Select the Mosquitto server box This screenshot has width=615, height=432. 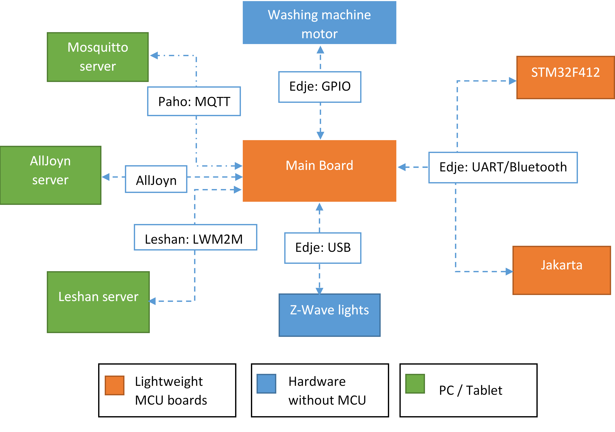[x=98, y=57]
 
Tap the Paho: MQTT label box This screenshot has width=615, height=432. [x=194, y=101]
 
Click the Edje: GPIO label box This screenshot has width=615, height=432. [x=320, y=87]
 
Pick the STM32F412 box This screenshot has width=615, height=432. [x=565, y=77]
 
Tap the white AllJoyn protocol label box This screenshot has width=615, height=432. [x=156, y=179]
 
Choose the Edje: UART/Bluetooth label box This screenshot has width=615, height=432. [x=503, y=168]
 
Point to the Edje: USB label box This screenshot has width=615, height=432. [x=323, y=248]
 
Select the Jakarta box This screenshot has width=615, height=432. [x=561, y=270]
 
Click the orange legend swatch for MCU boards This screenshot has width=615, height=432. [x=115, y=385]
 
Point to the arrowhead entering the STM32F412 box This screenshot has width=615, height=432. [x=512, y=81]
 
